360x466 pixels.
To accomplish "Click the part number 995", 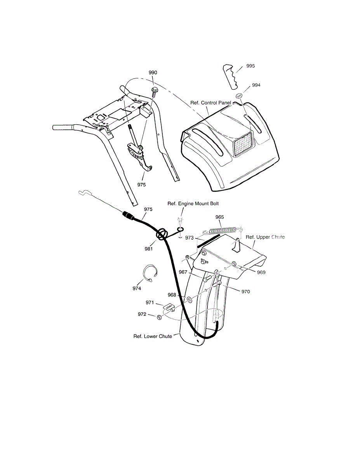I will click(250, 66).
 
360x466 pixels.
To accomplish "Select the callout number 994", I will click(256, 85).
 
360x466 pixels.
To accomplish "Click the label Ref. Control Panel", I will click(210, 103).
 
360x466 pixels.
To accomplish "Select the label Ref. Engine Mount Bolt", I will click(190, 203).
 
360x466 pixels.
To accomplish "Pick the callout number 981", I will click(149, 249).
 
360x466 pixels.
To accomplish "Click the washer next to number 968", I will click(188, 300).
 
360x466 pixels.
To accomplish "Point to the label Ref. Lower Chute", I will click(153, 336).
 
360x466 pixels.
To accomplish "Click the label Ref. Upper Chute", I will click(265, 237).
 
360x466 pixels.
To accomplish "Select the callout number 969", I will click(261, 272).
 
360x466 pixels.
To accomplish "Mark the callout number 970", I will click(245, 291).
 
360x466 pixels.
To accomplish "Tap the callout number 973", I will click(189, 237).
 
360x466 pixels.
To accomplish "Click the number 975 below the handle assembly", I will click(142, 185).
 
